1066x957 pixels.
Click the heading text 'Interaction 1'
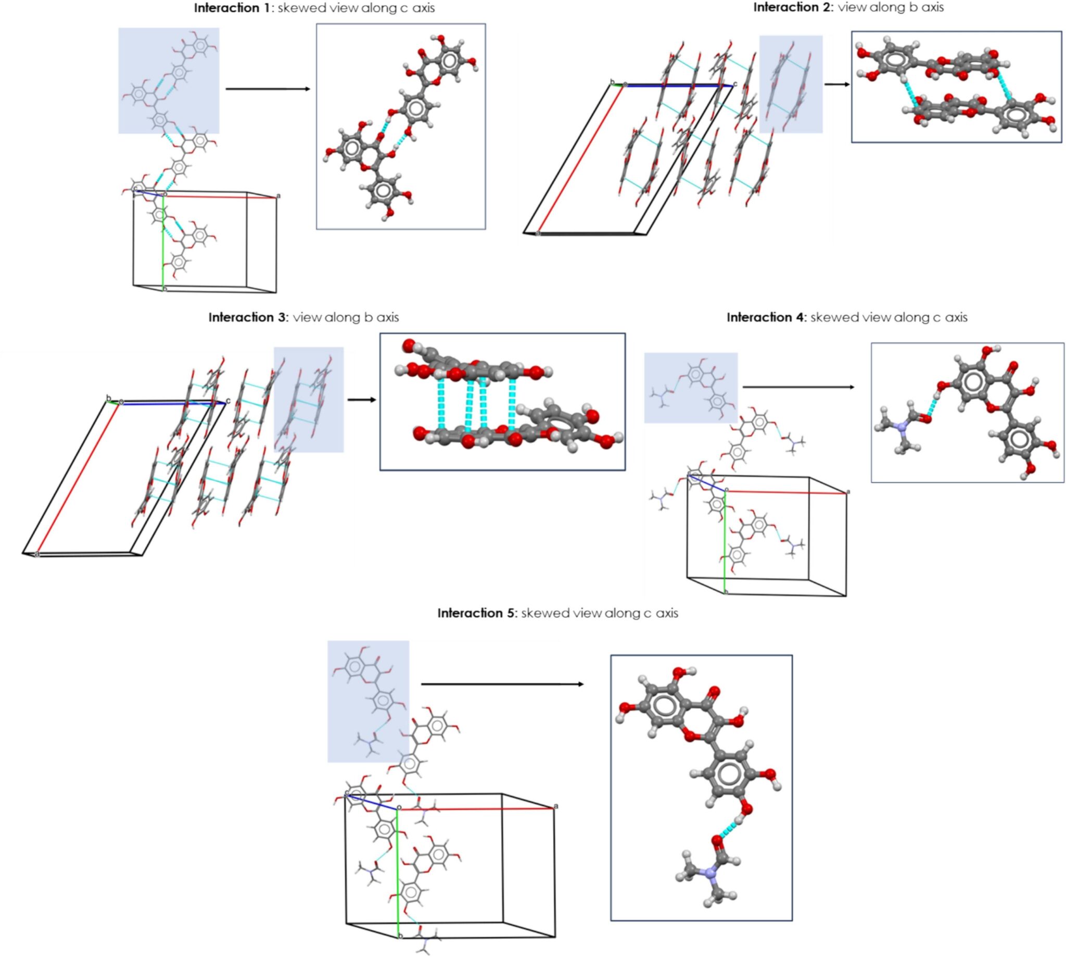click(x=232, y=8)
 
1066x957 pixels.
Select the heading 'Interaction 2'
click(x=792, y=7)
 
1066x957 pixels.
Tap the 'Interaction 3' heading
click(x=247, y=318)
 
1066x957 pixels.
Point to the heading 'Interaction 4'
click(x=766, y=318)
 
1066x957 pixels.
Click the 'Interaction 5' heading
click(x=477, y=613)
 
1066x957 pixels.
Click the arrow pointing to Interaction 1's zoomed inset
click(x=268, y=89)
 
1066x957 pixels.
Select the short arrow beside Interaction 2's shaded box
click(x=836, y=84)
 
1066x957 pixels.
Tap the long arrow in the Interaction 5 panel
click(x=502, y=684)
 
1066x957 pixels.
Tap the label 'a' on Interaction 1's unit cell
click(x=278, y=196)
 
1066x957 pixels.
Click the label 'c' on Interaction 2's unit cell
click(x=735, y=83)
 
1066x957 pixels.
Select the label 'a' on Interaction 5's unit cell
click(x=556, y=806)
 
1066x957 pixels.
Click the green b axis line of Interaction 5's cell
click(x=397, y=873)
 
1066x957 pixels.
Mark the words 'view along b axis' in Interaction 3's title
click(x=346, y=318)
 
